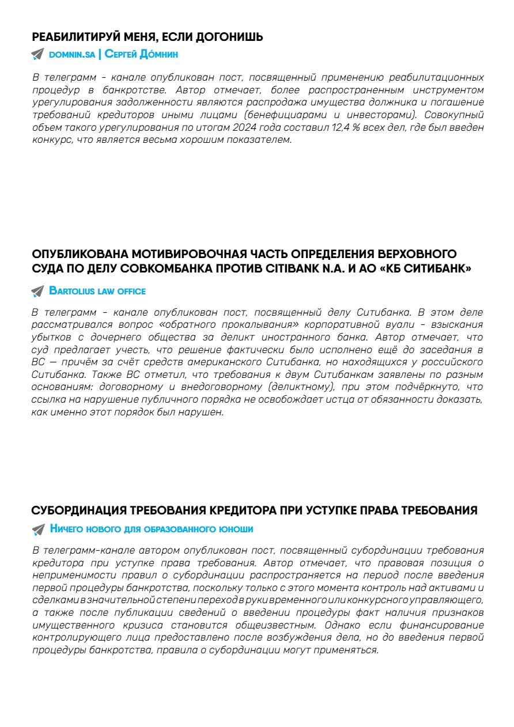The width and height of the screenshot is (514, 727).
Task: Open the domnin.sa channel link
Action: click(x=72, y=55)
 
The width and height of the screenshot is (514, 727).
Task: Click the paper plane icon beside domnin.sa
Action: click(x=38, y=55)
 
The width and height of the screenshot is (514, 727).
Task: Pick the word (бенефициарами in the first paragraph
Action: click(x=275, y=115)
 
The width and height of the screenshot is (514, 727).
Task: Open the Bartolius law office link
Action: click(x=97, y=291)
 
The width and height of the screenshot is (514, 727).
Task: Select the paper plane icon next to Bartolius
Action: click(x=38, y=291)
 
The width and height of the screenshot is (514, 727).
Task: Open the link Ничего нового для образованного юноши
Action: click(x=152, y=529)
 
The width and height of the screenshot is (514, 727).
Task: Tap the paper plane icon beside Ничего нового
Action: click(x=38, y=529)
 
